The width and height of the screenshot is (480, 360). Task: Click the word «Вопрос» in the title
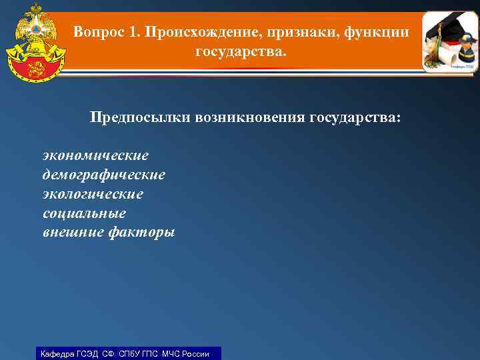96,32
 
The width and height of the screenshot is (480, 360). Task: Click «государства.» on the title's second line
239,51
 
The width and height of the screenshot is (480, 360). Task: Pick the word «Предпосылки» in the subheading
141,118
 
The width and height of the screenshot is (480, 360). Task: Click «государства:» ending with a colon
355,118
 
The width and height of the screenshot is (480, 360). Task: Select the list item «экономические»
95,155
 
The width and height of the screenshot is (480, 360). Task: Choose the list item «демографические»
103,175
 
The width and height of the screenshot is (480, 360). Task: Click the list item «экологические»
93,194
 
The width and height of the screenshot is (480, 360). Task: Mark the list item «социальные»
84,213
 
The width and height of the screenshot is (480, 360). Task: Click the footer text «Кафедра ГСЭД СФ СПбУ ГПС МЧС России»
125,353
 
